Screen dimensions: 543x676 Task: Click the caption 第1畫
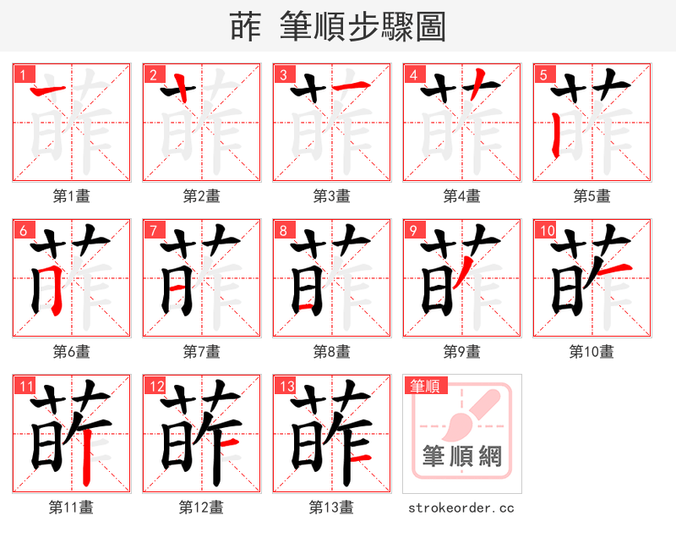pyautogui.click(x=72, y=196)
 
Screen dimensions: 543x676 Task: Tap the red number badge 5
pyautogui.click(x=542, y=74)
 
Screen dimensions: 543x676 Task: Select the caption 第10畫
pyautogui.click(x=591, y=351)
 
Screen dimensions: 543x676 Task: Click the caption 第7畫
pyautogui.click(x=202, y=351)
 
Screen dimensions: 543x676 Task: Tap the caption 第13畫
pyautogui.click(x=331, y=507)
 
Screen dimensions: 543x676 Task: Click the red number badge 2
pyautogui.click(x=152, y=74)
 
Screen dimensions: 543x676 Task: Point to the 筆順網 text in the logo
pyautogui.click(x=461, y=457)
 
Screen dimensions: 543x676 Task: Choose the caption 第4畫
pyautogui.click(x=462, y=196)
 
